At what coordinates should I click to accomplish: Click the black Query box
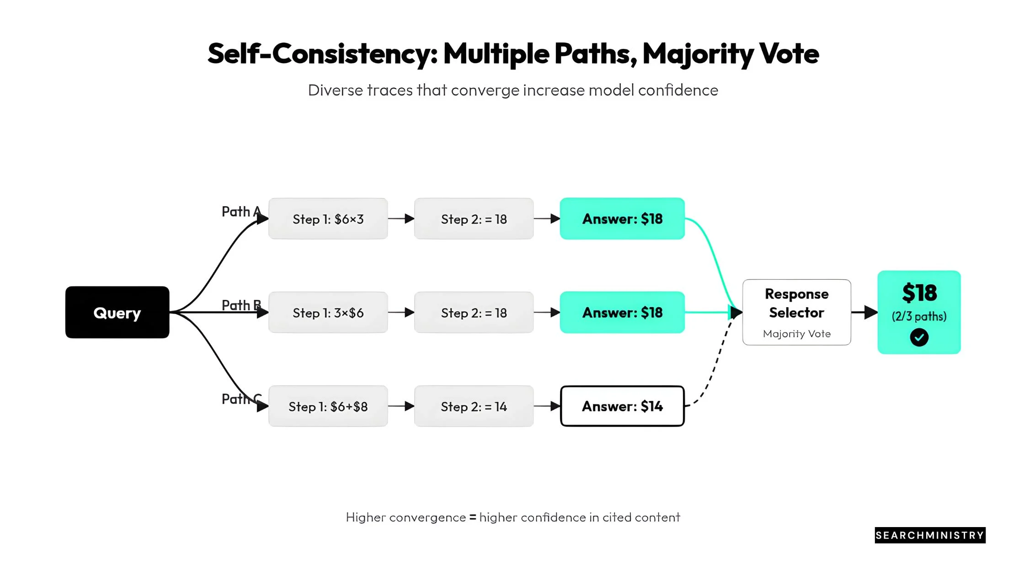[117, 312]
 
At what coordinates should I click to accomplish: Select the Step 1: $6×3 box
[328, 219]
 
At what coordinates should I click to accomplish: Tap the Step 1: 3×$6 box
[328, 312]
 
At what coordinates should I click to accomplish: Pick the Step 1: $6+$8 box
[328, 406]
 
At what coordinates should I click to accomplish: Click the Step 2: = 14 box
[474, 406]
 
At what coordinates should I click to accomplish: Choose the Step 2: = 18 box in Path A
[474, 219]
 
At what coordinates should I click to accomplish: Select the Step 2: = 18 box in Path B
[474, 312]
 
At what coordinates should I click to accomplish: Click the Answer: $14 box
[623, 406]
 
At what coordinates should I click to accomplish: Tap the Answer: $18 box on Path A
[623, 219]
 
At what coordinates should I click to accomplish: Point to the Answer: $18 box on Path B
[623, 312]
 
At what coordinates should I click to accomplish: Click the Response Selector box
[797, 312]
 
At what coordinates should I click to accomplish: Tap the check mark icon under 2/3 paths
[919, 337]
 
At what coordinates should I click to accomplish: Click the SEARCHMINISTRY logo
[930, 535]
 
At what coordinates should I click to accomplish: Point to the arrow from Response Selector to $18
[864, 312]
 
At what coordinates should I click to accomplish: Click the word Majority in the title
[698, 54]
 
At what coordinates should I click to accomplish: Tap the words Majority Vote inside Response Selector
[797, 334]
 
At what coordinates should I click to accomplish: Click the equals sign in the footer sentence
[473, 517]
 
